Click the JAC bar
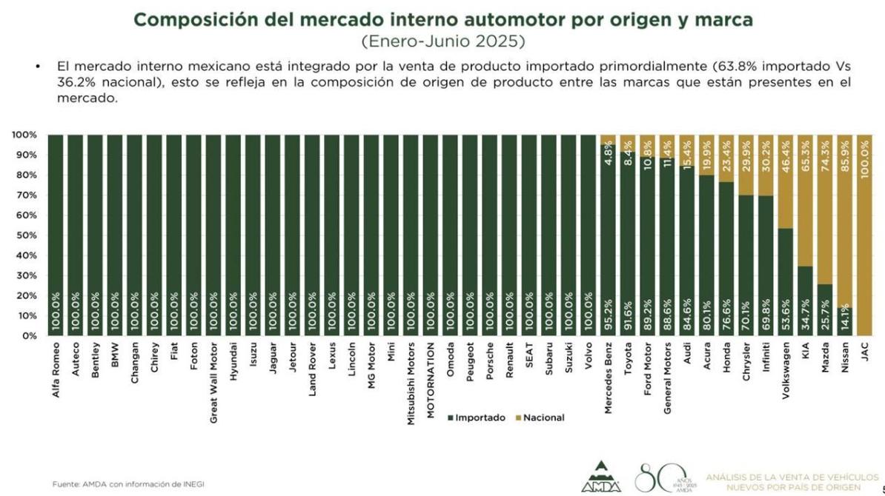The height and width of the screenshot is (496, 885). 864,235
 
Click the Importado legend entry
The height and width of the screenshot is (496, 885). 477,418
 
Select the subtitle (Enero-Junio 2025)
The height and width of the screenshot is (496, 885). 442,40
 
